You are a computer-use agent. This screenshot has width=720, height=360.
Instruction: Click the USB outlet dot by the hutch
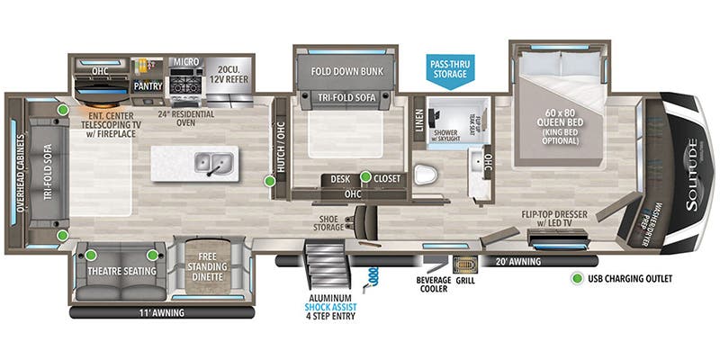click(x=269, y=181)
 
